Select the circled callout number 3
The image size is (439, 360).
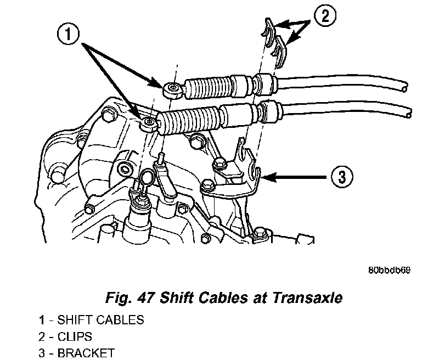[x=340, y=177]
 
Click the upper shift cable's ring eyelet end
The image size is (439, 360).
[x=174, y=88]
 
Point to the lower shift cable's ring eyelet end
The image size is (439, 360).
[x=147, y=123]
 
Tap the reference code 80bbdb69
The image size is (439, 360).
[x=390, y=271]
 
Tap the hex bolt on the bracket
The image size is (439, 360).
[x=220, y=162]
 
